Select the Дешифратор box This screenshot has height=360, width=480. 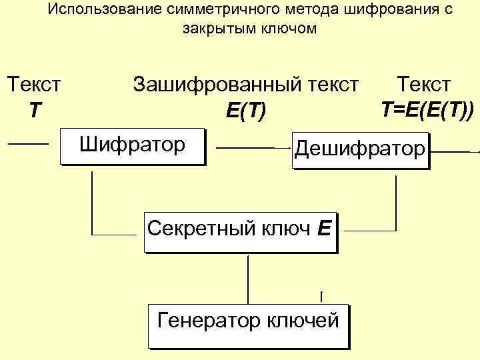[360, 150]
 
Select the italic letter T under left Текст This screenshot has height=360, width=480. [34, 110]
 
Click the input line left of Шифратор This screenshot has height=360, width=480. [29, 143]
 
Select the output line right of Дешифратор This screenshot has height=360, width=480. [455, 152]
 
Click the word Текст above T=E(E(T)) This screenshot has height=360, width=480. [423, 85]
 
